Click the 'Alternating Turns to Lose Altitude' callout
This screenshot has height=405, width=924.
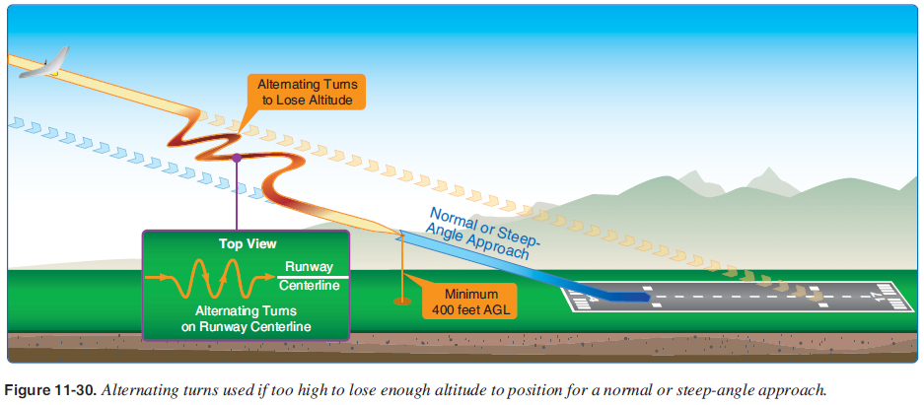tap(307, 92)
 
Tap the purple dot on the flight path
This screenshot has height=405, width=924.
tap(237, 158)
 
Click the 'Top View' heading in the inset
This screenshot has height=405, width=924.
tap(247, 243)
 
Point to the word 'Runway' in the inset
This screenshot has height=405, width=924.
tap(309, 266)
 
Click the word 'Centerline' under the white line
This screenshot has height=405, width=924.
tap(310, 286)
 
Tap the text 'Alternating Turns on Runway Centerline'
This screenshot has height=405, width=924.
tap(247, 318)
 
